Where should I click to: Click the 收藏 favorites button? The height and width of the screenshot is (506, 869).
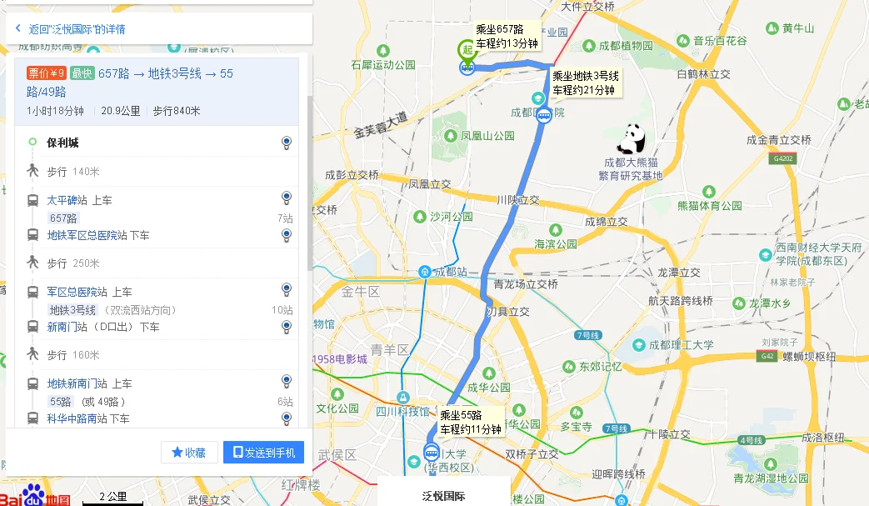188,452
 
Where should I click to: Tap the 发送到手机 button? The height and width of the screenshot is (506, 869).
263,452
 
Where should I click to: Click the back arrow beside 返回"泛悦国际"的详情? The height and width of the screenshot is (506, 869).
18,28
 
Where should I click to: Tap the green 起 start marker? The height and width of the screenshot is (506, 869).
468,50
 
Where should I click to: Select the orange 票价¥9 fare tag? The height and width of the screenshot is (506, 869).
47,73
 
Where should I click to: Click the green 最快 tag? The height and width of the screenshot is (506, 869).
82,73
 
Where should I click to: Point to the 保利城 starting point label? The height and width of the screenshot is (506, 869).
62,143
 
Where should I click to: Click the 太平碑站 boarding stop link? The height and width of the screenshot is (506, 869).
62,200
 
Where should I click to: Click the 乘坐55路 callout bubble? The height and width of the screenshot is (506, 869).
472,422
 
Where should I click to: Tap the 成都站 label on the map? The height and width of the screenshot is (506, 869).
451,272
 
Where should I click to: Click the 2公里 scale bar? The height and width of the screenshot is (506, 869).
112,498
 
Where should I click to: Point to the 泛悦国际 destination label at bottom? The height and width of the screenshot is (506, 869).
443,497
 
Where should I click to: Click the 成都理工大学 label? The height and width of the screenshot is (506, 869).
681,344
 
